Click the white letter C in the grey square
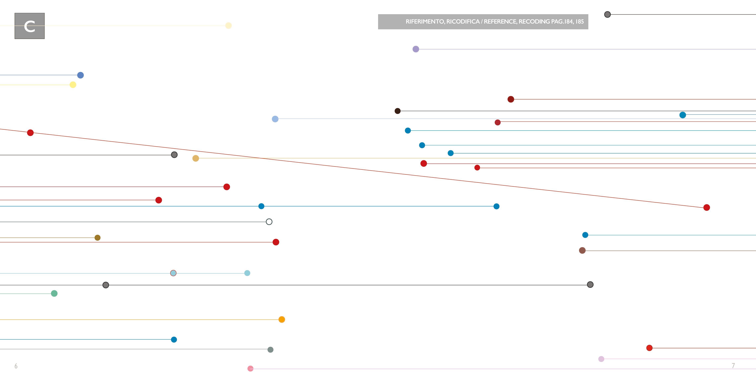point(30,26)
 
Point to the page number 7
point(733,365)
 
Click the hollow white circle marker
point(269,222)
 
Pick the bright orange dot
point(282,319)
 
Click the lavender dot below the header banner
point(416,49)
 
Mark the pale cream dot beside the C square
point(229,26)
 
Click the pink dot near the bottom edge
point(250,368)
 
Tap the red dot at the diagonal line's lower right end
point(707,208)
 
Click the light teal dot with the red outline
point(173,273)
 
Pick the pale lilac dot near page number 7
point(601,359)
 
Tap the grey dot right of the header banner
point(607,14)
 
